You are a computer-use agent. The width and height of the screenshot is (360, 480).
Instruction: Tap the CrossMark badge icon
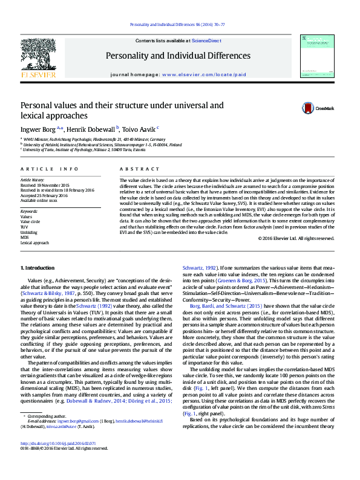[309, 108]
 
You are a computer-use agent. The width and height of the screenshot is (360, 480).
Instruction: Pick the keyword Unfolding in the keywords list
[28, 232]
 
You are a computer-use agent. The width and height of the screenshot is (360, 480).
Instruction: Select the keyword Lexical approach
[34, 242]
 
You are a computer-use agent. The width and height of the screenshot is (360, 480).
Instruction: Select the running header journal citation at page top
[179, 25]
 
